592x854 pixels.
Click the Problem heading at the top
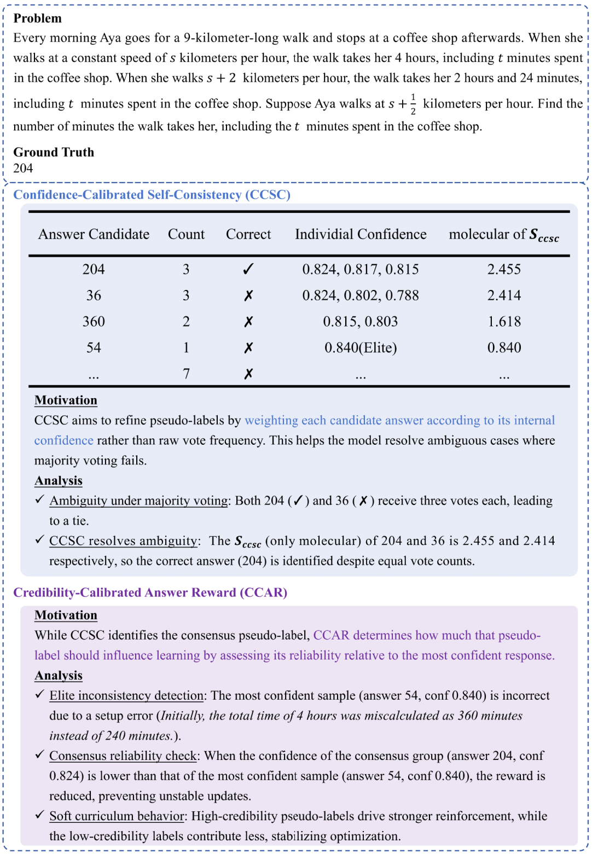(37, 18)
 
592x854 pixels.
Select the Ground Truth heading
(54, 152)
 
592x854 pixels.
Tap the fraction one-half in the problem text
(413, 104)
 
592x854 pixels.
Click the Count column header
(186, 234)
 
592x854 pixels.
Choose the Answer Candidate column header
(94, 234)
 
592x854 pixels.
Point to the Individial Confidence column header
(361, 234)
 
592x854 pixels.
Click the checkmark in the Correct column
(248, 269)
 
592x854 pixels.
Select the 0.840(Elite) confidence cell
(361, 348)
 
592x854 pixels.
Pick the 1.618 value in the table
(504, 322)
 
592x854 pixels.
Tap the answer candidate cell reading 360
(94, 322)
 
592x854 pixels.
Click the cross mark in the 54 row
(248, 348)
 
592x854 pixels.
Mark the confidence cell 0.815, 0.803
(361, 322)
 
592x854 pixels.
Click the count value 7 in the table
(186, 374)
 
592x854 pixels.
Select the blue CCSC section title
(152, 195)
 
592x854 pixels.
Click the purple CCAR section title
(150, 592)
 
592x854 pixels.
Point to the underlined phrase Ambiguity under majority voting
(139, 501)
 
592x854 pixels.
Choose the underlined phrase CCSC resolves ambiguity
(124, 541)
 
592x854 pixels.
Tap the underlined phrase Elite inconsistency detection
(126, 695)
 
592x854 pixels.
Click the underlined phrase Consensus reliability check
(123, 756)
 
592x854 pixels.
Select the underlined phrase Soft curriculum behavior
(117, 816)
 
